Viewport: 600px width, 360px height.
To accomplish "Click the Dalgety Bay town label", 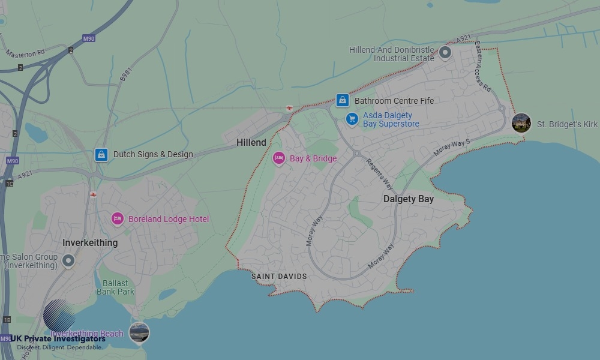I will click(408, 199).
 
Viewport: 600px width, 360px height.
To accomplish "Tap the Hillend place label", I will click(251, 143).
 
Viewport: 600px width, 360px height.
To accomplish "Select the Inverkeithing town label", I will click(90, 243).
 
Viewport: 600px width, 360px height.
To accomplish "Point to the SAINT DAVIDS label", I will click(279, 277).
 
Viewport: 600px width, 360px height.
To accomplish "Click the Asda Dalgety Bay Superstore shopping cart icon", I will click(352, 119).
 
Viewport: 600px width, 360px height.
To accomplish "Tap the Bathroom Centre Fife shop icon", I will click(342, 100).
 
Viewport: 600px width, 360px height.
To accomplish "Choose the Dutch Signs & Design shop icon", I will click(101, 155).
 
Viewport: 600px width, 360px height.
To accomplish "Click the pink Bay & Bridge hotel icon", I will click(278, 158).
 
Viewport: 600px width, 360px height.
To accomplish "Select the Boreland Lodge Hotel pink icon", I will click(118, 219).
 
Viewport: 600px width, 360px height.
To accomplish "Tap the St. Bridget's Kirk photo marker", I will click(521, 123).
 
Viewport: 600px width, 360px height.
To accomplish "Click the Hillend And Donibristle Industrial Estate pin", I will click(445, 53).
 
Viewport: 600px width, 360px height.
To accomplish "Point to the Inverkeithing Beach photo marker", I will click(139, 332).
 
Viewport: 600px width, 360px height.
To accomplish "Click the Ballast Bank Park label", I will click(115, 287).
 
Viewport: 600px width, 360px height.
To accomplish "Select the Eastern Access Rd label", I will click(482, 66).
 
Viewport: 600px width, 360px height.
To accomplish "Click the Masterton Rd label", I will click(25, 53).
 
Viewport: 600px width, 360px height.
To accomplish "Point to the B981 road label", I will click(125, 73).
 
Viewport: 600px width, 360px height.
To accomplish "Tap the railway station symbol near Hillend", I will click(289, 108).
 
